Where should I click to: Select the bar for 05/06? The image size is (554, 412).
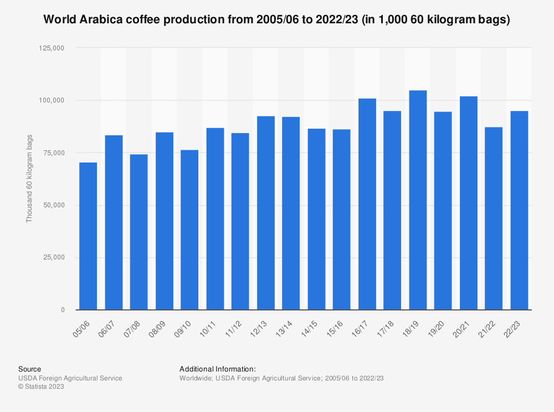pos(88,236)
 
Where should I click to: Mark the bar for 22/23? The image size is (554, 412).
pos(519,210)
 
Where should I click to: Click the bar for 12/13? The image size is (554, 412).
pos(265,213)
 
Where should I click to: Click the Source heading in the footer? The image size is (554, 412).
pos(29,369)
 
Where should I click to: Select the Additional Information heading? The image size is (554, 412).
pos(218,369)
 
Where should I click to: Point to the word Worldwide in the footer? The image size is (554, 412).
pos(196,378)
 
